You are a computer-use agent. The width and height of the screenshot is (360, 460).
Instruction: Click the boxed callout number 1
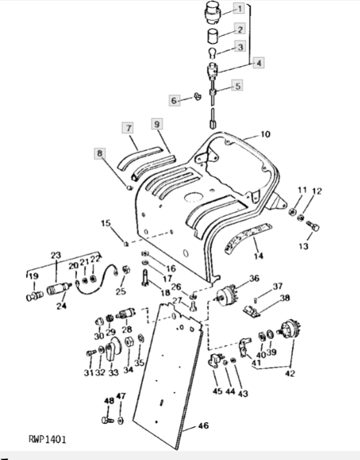[239, 8]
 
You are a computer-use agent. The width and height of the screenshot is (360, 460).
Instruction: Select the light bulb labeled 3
[212, 53]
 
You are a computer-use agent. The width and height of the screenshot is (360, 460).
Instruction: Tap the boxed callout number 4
[258, 63]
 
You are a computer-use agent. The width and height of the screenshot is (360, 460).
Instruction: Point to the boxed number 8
[100, 153]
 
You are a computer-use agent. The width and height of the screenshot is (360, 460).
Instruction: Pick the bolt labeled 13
[313, 227]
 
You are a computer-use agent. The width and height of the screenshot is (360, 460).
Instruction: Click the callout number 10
[265, 134]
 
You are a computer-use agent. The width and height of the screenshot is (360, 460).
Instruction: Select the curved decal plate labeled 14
[248, 238]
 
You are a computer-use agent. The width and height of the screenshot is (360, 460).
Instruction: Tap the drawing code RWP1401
[48, 439]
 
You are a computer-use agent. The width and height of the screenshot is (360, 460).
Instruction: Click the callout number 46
[204, 425]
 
